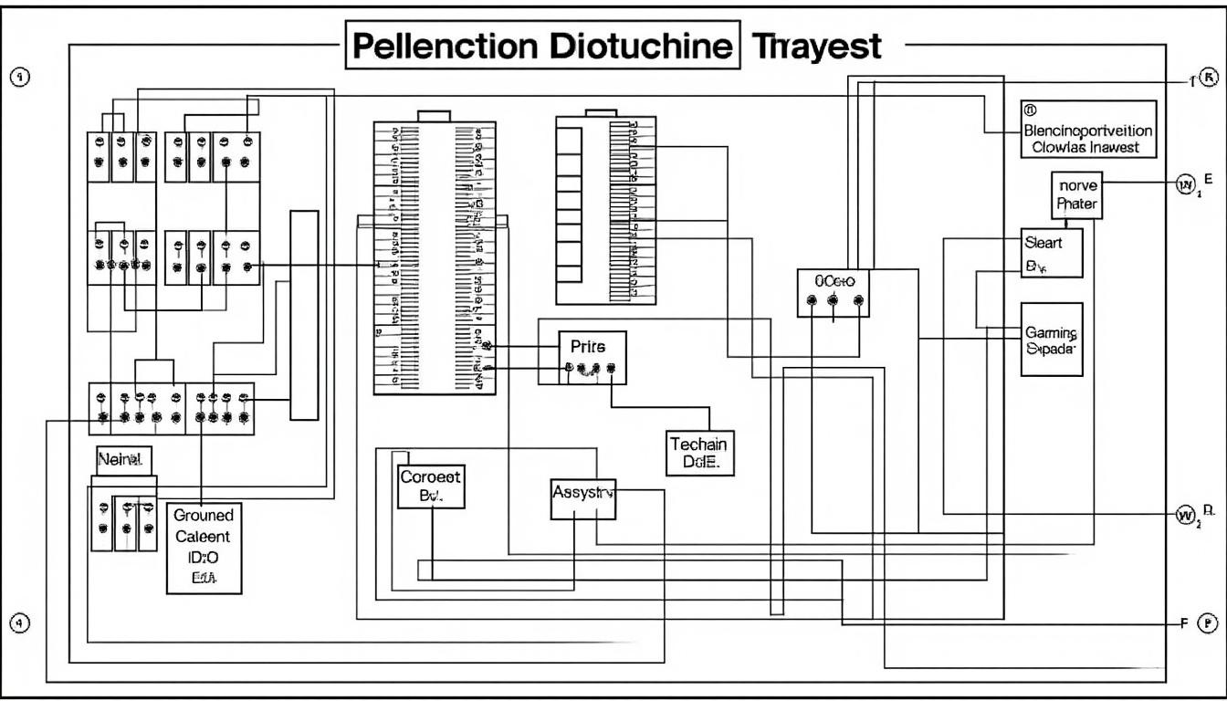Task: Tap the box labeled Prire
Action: point(593,357)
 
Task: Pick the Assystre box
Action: point(584,498)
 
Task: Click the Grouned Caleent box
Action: point(204,547)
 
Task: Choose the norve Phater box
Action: point(1076,194)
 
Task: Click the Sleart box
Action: point(1052,253)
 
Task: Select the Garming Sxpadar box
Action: point(1052,340)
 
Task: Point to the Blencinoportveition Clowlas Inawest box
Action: point(1087,131)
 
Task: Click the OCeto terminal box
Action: point(833,293)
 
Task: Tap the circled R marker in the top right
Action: point(1209,78)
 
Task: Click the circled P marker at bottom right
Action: point(1207,624)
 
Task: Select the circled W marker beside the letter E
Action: point(1186,185)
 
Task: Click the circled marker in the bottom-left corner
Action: point(20,623)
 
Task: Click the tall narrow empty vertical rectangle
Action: point(304,315)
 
